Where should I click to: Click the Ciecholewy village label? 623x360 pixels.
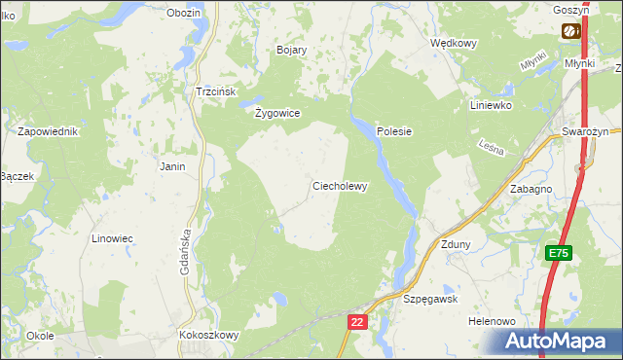(339, 187)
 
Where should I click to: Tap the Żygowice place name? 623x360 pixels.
(277, 113)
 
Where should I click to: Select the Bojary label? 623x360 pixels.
(292, 50)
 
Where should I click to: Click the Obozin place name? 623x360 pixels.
(183, 13)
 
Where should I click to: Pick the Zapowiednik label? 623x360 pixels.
(47, 130)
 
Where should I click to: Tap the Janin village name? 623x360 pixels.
(172, 166)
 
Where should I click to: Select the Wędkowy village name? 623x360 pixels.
(454, 44)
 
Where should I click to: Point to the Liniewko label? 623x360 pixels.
(491, 105)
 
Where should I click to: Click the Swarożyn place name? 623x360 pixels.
(585, 131)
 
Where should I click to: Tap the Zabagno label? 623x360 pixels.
(531, 190)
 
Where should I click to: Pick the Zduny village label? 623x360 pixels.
(456, 245)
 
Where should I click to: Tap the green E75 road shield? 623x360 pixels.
(557, 253)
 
